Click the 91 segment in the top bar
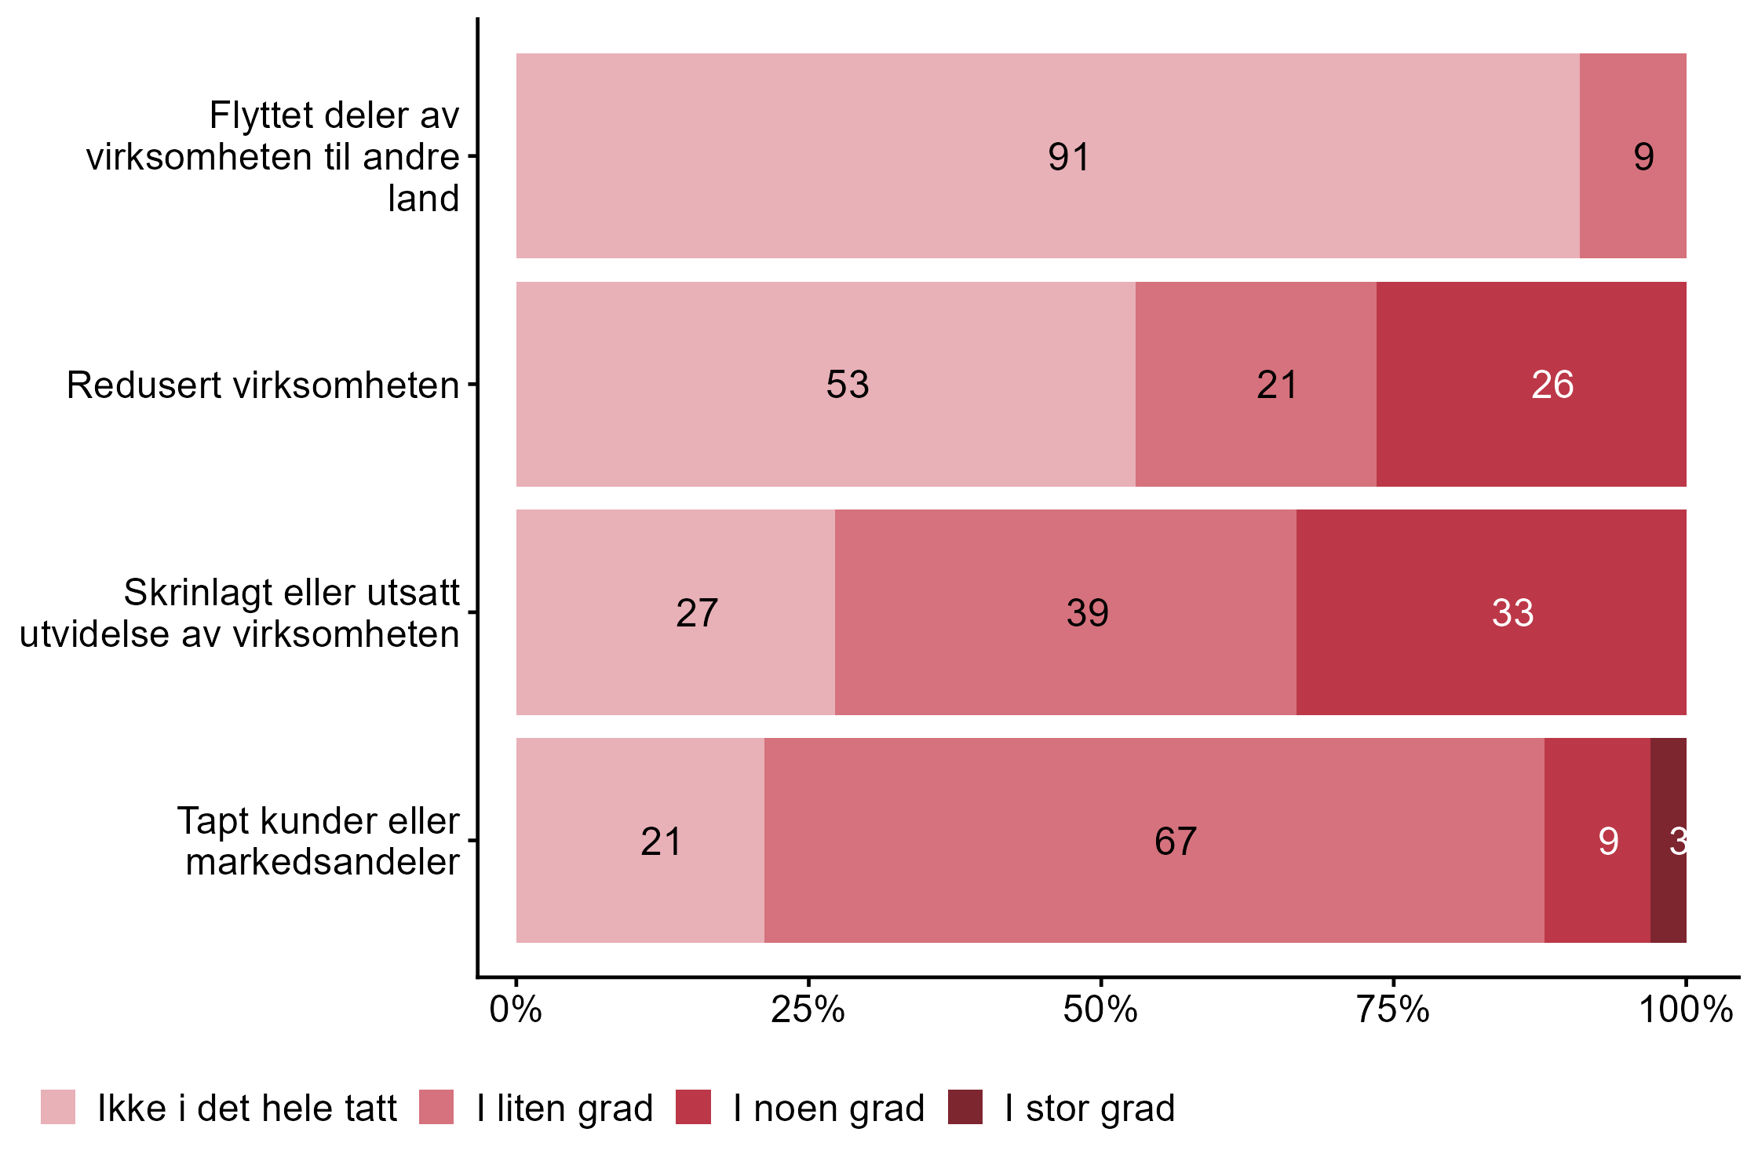(x=1047, y=156)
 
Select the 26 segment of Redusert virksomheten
(x=1530, y=385)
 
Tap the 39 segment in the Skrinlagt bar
(x=1065, y=612)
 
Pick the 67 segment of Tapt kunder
(x=1154, y=841)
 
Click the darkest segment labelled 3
(x=1669, y=841)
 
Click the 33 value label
(x=1512, y=613)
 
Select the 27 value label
(x=697, y=613)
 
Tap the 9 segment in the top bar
(x=1632, y=156)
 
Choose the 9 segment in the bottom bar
(x=1597, y=841)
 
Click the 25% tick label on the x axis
(x=808, y=1010)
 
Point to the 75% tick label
(x=1393, y=1010)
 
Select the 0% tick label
(x=516, y=1010)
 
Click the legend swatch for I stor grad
(x=965, y=1107)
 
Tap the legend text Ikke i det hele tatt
(x=247, y=1108)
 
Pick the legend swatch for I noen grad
(x=693, y=1107)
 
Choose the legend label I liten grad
(x=564, y=1108)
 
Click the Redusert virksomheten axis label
(x=263, y=385)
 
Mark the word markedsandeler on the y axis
(x=323, y=862)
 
